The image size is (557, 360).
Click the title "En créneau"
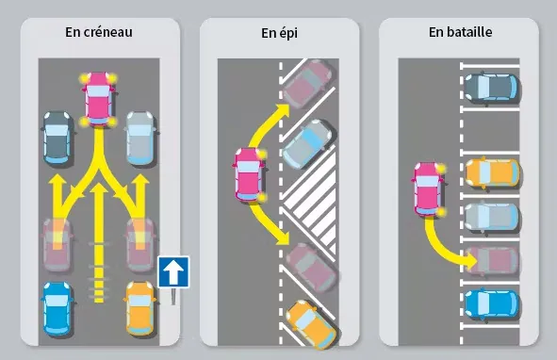click(x=99, y=32)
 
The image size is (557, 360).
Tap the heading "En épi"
click(x=279, y=33)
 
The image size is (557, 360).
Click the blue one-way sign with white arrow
click(x=173, y=271)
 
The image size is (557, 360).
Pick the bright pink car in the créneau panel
click(x=99, y=99)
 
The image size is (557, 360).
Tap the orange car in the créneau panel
click(x=140, y=308)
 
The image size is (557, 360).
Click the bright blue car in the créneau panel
click(x=57, y=308)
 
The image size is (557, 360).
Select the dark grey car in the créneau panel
click(x=57, y=138)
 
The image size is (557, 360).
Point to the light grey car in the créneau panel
click(x=140, y=138)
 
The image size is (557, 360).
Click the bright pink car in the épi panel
click(x=250, y=175)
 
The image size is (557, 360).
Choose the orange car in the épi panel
click(x=311, y=324)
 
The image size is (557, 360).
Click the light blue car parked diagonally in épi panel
click(x=307, y=144)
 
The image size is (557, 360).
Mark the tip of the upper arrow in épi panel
click(x=289, y=105)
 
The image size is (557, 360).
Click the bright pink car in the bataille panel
click(x=429, y=189)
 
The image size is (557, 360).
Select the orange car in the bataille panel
click(x=492, y=173)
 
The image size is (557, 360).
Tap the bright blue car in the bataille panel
click(x=492, y=303)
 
